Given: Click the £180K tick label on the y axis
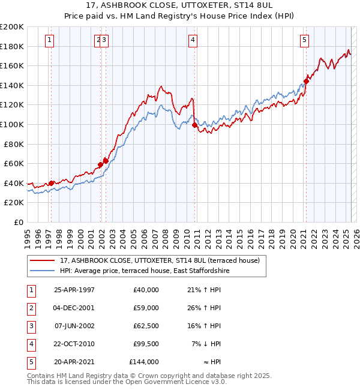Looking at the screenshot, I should point(12,46).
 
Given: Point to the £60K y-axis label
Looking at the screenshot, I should point(14,163).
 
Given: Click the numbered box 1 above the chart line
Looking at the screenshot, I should point(49,40).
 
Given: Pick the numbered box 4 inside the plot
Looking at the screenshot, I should point(193,40).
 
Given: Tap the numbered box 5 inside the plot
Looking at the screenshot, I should point(305,40).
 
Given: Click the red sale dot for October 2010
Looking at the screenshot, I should point(194,125).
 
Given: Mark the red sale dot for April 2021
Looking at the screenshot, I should point(306,82).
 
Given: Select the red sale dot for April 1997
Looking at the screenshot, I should point(52,183).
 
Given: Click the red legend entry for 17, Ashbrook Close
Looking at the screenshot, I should point(159,260).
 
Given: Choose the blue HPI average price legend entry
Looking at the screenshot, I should point(145,271).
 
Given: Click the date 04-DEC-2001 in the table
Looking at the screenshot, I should point(74,308).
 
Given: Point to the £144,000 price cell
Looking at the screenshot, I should point(144,362).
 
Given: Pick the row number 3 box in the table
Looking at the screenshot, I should point(30,326).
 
